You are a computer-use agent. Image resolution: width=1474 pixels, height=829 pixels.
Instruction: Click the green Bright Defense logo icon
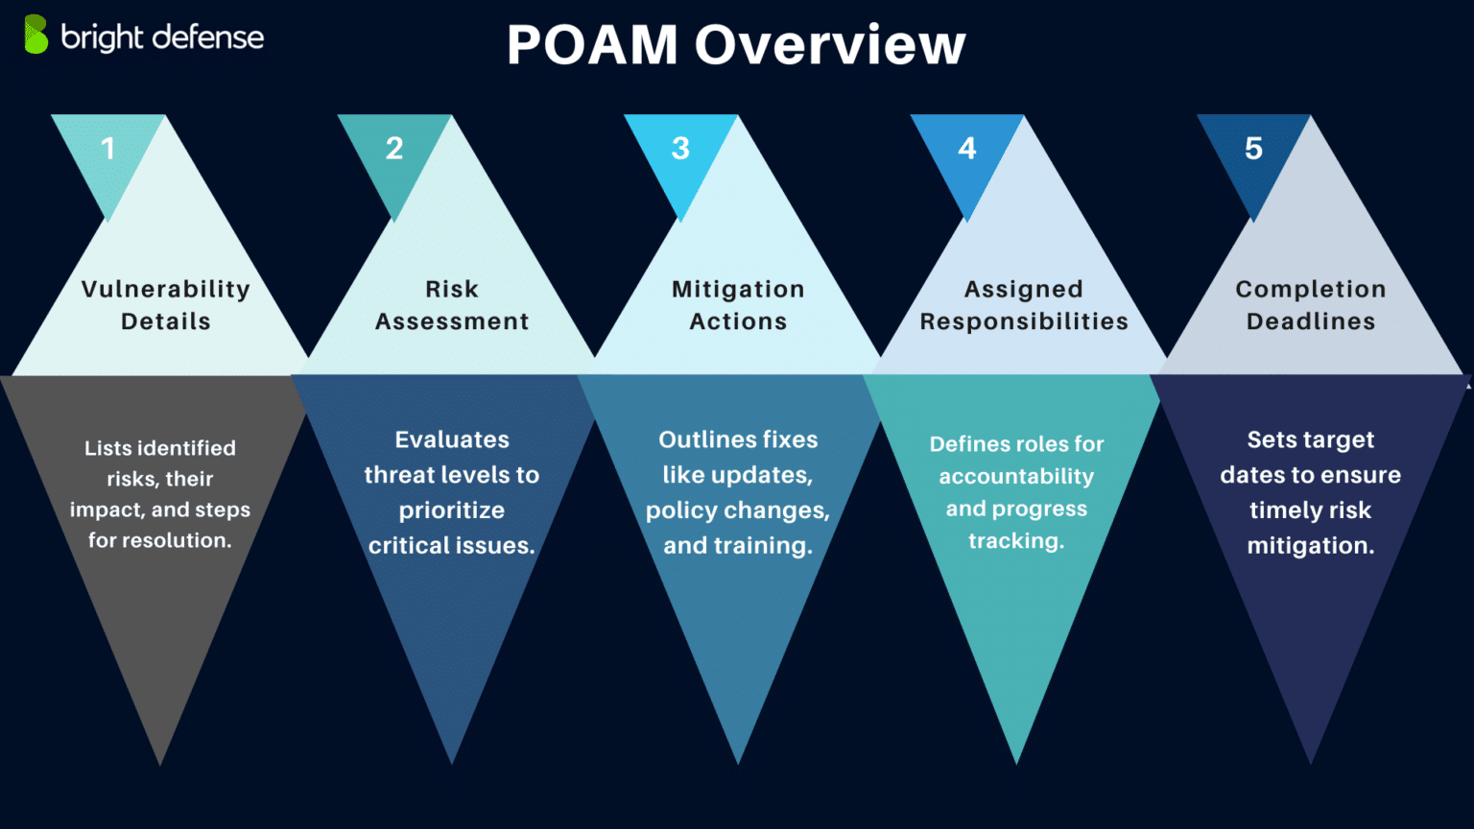[36, 35]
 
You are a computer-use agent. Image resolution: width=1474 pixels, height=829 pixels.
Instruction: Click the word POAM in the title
[592, 45]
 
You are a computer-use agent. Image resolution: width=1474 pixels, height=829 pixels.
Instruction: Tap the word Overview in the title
[830, 45]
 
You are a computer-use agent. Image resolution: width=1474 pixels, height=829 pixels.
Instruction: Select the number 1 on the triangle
[107, 149]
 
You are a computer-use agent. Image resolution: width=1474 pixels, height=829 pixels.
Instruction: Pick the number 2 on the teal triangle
[394, 149]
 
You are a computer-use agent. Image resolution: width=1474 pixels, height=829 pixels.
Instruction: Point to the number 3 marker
[680, 149]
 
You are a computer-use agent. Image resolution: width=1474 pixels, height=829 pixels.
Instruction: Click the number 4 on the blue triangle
[966, 149]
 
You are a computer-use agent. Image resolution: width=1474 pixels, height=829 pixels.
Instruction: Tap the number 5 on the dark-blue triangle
[1253, 149]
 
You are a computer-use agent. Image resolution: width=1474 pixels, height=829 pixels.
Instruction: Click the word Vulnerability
[166, 290]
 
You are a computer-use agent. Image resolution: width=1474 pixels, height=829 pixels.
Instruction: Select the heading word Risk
[452, 289]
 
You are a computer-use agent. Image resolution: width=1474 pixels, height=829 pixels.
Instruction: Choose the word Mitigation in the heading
[738, 290]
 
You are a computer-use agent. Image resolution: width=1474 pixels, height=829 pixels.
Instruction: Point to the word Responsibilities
[1024, 321]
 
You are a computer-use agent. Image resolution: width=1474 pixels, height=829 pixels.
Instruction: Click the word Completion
[1311, 290]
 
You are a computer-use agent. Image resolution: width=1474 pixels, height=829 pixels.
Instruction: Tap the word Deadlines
[1311, 321]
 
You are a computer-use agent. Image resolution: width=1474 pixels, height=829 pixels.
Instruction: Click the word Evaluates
[452, 439]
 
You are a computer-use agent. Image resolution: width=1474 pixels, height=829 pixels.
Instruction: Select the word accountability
[1016, 476]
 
